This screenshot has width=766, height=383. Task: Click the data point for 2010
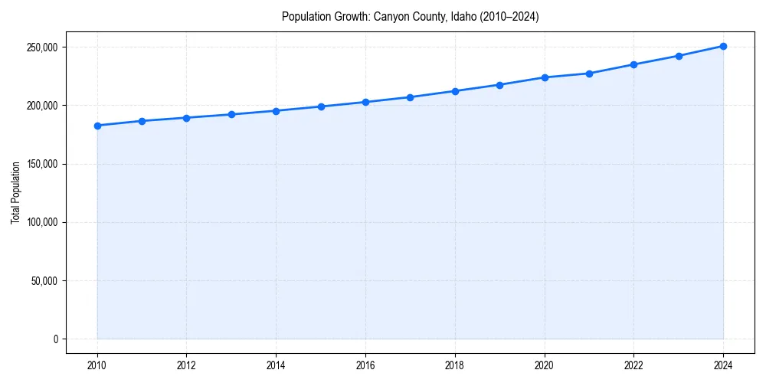pos(97,126)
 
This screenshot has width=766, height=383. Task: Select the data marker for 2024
pos(723,46)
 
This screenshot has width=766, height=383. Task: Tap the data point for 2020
pos(545,77)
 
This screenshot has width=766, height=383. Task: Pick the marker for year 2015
pos(321,106)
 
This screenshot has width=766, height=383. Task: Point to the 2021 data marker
pos(589,74)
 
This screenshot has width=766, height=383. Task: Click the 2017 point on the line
pos(411,97)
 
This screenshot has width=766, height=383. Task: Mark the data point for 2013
pos(231,114)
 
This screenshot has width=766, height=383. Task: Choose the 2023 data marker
pos(679,56)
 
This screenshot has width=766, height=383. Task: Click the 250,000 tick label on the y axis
pos(42,47)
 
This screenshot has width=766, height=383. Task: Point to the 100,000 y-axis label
pos(42,222)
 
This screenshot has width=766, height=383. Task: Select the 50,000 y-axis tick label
pos(44,280)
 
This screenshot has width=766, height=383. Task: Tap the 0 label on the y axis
pos(55,339)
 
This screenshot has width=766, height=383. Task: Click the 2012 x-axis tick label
pos(187,365)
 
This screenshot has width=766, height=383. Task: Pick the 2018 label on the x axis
pos(455,365)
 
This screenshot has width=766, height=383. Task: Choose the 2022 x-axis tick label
pos(633,365)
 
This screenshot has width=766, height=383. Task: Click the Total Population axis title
pos(15,192)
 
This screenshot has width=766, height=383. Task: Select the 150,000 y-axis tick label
pos(42,164)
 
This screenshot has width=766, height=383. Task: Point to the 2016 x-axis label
pos(365,365)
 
